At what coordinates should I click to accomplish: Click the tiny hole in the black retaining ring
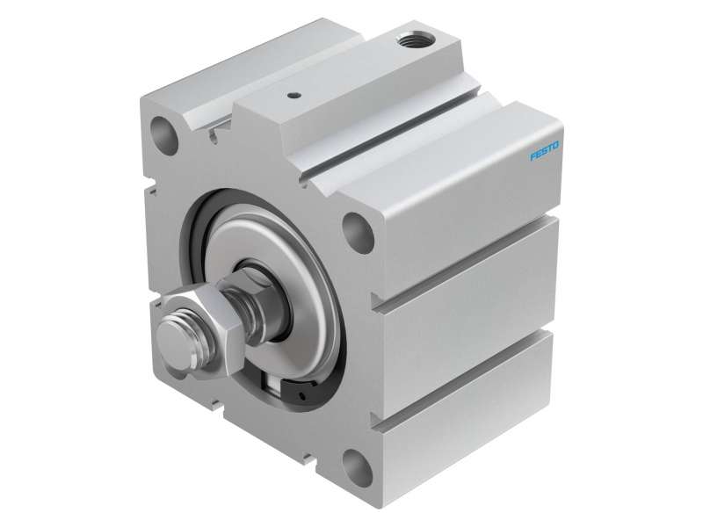302,396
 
